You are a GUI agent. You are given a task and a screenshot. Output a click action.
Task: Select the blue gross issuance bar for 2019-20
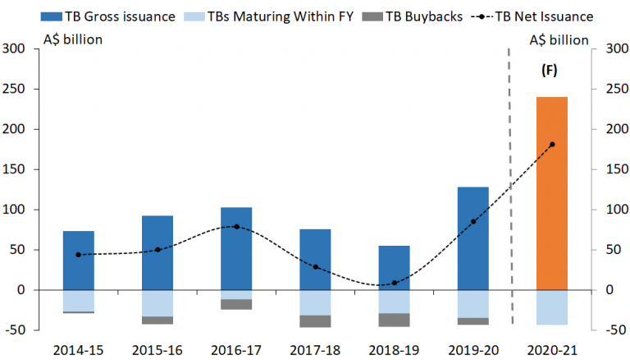coord(472,238)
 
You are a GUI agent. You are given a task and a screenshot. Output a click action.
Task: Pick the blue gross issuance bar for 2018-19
coord(394,268)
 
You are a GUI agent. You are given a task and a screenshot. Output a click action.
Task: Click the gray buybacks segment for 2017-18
coord(315,321)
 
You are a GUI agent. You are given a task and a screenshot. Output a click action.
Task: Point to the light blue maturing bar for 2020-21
coord(551,307)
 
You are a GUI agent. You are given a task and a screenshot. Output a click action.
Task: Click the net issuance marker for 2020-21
coord(551,145)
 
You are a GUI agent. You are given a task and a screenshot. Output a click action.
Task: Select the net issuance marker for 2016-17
coord(236,226)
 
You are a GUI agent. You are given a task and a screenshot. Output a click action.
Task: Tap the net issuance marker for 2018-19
coord(394,283)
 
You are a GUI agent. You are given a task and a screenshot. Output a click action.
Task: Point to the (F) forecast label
coord(550,71)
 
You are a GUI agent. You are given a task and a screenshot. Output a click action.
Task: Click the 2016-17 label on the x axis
coord(236,348)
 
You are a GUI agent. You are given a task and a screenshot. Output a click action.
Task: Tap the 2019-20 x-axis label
coord(472,348)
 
